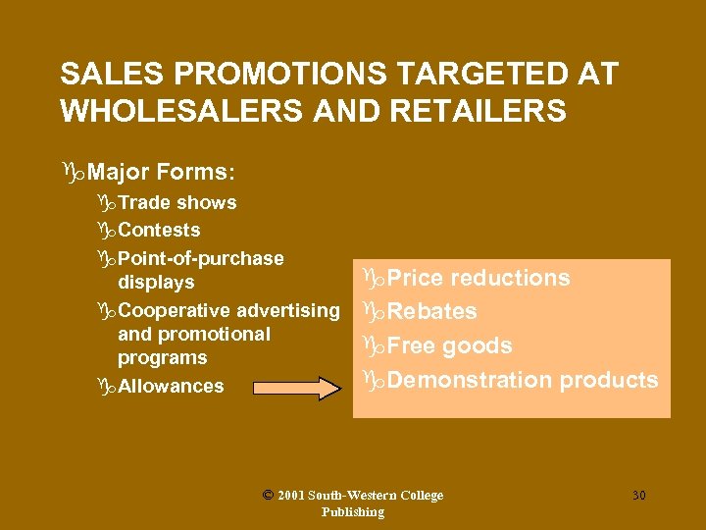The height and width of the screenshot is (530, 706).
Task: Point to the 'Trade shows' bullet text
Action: [x=177, y=202]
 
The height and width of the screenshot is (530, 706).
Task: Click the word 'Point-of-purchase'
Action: [x=201, y=259]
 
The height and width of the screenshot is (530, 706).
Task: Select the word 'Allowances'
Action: [x=171, y=386]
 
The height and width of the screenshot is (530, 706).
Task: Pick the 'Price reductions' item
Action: [x=479, y=278]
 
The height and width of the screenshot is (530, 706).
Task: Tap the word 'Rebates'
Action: [x=432, y=311]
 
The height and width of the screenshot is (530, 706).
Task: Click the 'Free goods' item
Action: [x=450, y=345]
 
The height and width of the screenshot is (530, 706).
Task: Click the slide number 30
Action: [x=638, y=496]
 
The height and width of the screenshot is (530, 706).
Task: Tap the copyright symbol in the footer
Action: [x=268, y=496]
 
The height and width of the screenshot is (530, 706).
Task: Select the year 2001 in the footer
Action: [x=290, y=496]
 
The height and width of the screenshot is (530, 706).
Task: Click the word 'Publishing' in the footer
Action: [x=353, y=512]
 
